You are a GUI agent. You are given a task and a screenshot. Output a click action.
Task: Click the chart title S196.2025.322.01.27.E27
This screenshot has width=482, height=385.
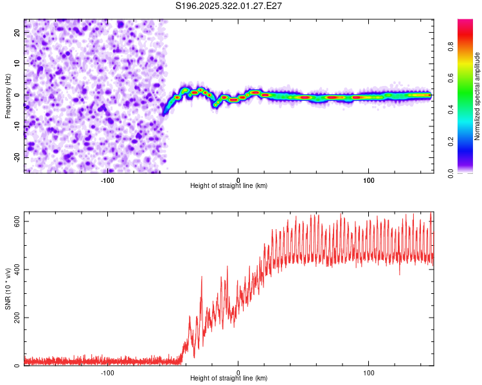tap(229, 6)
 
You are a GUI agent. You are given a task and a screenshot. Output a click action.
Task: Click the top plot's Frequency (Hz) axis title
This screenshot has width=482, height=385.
tap(8, 96)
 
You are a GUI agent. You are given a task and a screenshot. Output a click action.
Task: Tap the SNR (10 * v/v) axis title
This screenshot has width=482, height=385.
tap(8, 289)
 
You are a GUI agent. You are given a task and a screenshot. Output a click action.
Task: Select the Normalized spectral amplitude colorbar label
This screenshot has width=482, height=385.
tap(478, 96)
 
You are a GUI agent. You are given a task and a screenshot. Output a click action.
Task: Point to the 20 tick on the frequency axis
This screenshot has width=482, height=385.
tap(17, 31)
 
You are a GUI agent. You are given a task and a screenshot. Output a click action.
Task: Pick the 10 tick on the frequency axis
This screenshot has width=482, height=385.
tap(17, 63)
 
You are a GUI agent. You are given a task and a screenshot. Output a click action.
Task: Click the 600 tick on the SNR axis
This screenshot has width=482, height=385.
tap(17, 221)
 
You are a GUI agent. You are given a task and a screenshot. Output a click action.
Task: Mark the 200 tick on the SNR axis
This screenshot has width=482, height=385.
tap(17, 318)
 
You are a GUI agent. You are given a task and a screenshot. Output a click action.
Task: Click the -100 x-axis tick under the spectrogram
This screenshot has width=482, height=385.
tap(107, 180)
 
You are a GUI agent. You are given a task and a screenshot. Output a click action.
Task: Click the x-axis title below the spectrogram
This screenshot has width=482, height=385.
tap(229, 186)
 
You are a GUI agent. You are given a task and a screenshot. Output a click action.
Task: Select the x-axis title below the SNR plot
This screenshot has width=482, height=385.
tap(229, 379)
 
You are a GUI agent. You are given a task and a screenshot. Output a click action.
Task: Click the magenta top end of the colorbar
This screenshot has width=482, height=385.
tap(465, 22)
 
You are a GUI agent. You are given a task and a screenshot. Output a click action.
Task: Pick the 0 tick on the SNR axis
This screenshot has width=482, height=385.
tap(17, 366)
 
